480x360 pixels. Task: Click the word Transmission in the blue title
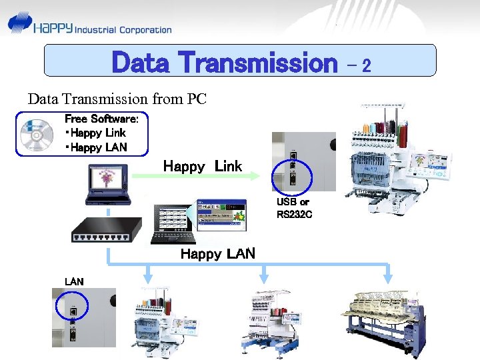tap(259, 63)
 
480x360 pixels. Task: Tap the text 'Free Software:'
tap(101, 119)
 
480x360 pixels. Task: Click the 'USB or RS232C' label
tap(293, 207)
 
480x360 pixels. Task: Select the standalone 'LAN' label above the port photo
tap(74, 281)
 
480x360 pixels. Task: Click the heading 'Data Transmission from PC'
tap(117, 99)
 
